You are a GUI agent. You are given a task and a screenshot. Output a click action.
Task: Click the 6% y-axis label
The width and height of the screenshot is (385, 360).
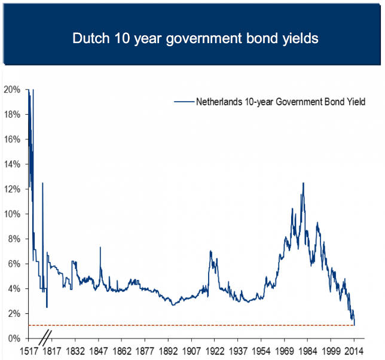(14, 264)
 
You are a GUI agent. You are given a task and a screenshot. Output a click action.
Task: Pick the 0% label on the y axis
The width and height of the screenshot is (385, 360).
(14, 338)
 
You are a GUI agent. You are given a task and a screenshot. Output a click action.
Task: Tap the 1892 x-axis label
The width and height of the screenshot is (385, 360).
(168, 351)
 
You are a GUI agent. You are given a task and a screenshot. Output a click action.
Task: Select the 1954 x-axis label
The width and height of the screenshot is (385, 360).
(261, 351)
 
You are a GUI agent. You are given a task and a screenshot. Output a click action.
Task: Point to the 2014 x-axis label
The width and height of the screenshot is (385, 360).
(355, 351)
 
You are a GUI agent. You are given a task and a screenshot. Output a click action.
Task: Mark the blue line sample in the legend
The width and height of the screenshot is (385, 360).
(184, 102)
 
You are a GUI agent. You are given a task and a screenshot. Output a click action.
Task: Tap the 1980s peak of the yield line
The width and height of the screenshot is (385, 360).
(304, 183)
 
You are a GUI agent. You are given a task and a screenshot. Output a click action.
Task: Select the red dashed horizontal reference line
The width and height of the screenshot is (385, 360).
(191, 325)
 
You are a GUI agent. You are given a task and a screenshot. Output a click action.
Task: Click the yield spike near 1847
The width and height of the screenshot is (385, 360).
(100, 247)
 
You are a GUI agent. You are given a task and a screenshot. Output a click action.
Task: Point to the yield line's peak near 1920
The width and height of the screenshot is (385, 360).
(210, 251)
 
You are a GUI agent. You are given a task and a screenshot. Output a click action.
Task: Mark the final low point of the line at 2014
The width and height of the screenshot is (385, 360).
(355, 325)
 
